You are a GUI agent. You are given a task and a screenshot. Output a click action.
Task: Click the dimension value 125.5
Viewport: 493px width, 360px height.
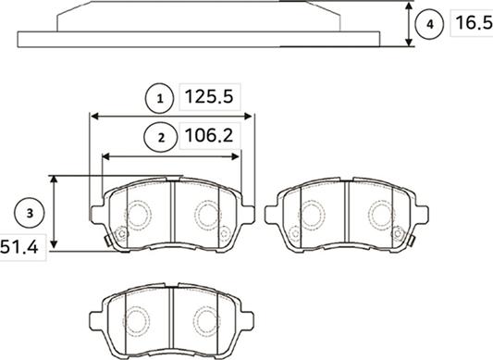tap(209, 96)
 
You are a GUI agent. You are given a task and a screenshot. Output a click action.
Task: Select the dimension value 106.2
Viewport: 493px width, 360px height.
tap(209, 136)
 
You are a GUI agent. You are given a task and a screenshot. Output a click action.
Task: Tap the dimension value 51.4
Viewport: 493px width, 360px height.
tap(19, 247)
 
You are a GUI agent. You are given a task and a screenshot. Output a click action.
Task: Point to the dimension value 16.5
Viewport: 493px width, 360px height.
tap(474, 23)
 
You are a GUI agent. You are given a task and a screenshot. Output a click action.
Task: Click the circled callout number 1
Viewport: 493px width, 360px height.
tap(160, 98)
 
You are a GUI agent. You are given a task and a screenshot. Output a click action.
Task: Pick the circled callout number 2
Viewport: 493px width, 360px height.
tap(161, 138)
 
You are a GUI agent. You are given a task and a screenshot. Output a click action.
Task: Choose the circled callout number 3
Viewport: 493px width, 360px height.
tap(30, 214)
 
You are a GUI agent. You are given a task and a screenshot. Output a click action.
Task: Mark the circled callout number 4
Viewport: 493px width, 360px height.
tap(429, 24)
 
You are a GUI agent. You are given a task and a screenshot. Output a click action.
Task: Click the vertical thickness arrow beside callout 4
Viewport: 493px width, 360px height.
tap(409, 24)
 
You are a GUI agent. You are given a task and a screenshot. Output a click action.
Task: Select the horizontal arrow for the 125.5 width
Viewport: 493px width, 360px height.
tap(171, 117)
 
